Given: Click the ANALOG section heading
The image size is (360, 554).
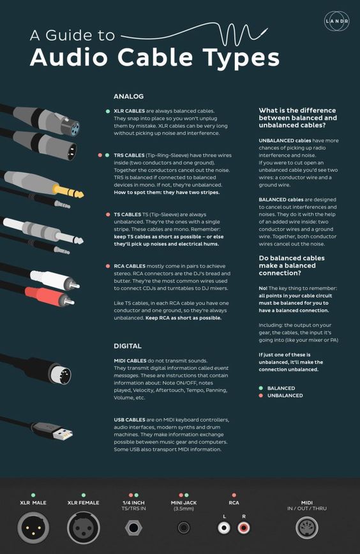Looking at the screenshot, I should (128, 96).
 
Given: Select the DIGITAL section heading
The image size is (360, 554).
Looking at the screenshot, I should (128, 345).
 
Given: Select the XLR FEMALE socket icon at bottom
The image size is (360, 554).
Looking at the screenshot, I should (83, 527).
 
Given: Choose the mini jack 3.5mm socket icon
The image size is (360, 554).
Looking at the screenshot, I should (184, 528).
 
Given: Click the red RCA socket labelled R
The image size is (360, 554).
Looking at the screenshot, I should (244, 528).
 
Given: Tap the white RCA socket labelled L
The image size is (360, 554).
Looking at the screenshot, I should (224, 528).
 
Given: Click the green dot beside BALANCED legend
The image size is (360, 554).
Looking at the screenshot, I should (260, 388).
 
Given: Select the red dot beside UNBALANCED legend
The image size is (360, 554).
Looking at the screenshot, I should (260, 396).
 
